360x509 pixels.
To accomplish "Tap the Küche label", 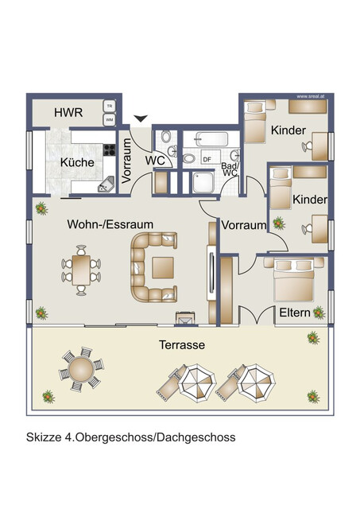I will pyautogui.click(x=77, y=162).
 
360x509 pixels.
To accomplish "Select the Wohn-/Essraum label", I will pyautogui.click(x=105, y=224).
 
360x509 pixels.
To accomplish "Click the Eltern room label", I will pyautogui.click(x=294, y=313).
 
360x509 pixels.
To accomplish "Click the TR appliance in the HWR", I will pyautogui.click(x=109, y=106).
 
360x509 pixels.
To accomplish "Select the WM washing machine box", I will pyautogui.click(x=109, y=120).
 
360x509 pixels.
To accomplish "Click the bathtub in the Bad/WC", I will pyautogui.click(x=207, y=138).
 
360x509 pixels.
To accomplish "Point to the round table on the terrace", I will pyautogui.click(x=81, y=370).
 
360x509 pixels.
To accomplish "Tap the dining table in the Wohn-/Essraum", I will pyautogui.click(x=80, y=267).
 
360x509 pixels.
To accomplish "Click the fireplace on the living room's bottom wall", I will pyautogui.click(x=185, y=317).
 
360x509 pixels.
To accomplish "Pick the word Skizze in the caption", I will pyautogui.click(x=45, y=437).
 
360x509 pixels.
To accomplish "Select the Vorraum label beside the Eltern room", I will pyautogui.click(x=243, y=225).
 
